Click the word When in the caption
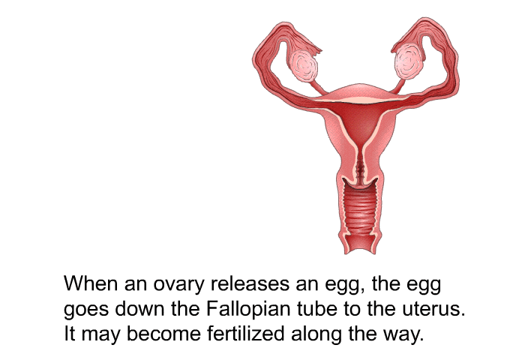click(91, 283)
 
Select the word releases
click(250, 283)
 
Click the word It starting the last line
click(69, 333)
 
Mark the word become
click(163, 333)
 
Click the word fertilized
click(245, 333)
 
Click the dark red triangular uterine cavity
click(359, 121)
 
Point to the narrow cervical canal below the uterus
click(360, 166)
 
